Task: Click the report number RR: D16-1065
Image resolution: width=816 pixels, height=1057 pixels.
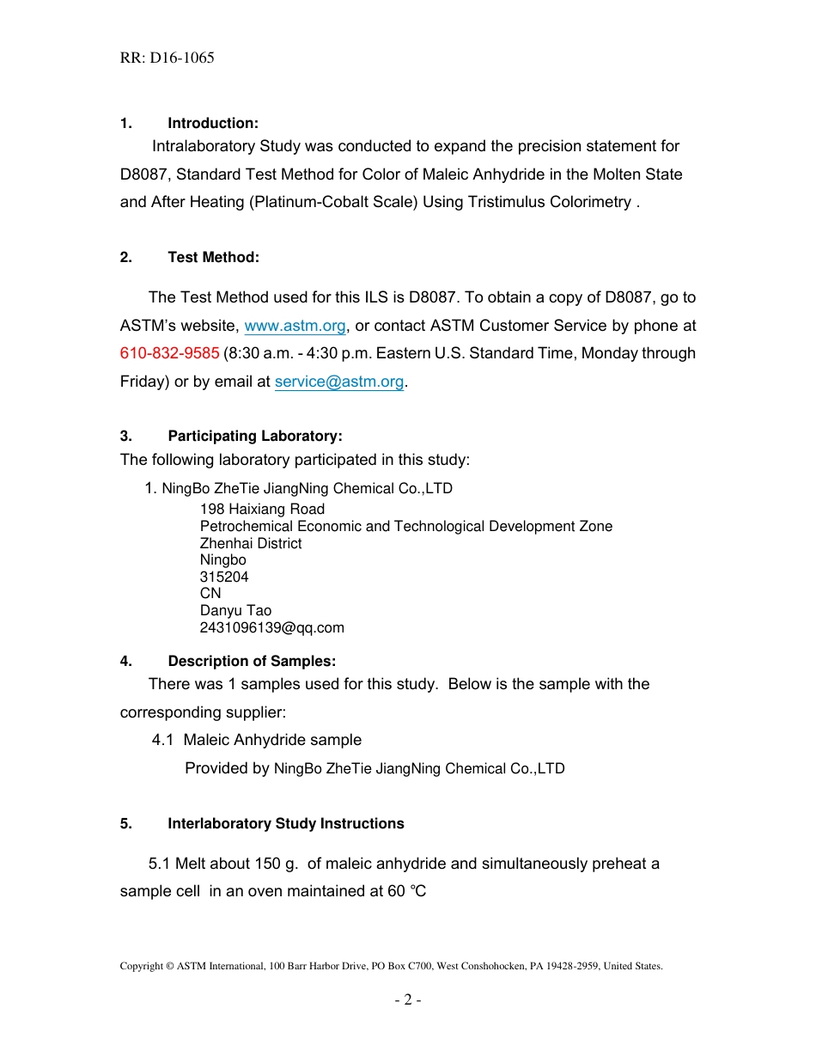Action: click(x=167, y=58)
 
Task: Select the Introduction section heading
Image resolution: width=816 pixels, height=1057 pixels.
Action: click(x=212, y=124)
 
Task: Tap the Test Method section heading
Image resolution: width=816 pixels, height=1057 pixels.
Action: click(x=213, y=258)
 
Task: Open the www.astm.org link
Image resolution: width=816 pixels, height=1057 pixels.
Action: click(x=295, y=326)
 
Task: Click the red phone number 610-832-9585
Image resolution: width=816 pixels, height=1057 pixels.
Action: click(x=169, y=353)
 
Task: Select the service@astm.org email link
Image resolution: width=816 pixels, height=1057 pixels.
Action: click(x=338, y=382)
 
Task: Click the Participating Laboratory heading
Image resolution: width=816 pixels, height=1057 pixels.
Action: click(x=254, y=437)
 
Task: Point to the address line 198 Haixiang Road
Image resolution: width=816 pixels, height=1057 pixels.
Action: click(x=262, y=509)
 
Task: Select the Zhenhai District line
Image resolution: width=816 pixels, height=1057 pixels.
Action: click(x=251, y=543)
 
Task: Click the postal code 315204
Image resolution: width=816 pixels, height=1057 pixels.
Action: click(x=224, y=577)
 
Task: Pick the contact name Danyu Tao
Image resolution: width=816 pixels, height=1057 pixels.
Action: click(x=235, y=611)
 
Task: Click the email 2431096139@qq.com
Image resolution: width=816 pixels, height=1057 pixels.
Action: click(x=271, y=627)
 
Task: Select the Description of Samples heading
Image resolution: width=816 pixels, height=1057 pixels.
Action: click(x=252, y=661)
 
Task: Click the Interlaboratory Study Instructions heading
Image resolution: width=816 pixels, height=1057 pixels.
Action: click(x=285, y=823)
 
